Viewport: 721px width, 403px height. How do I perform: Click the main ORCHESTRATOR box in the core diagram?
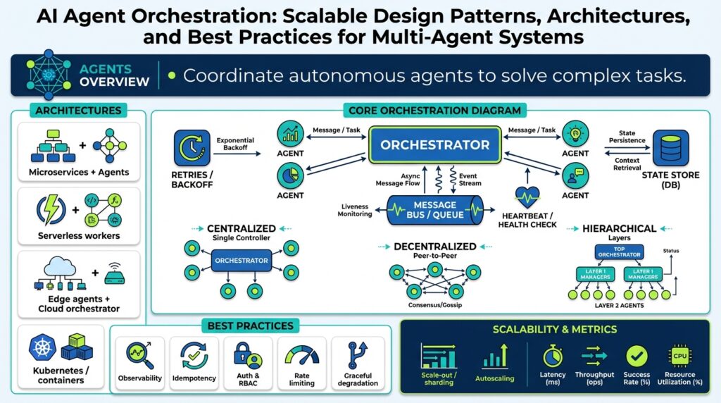[434, 145]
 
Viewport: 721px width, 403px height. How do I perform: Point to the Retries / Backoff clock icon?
[191, 147]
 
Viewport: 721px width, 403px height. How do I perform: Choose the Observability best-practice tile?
[139, 363]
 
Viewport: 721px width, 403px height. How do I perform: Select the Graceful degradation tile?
[358, 363]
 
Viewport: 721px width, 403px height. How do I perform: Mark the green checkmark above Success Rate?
[637, 356]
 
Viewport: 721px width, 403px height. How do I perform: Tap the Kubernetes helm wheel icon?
[42, 347]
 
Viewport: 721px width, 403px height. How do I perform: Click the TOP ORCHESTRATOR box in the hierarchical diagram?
[620, 252]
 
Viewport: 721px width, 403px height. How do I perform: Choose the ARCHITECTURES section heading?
[77, 110]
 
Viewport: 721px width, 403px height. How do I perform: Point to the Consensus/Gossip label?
[435, 304]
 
